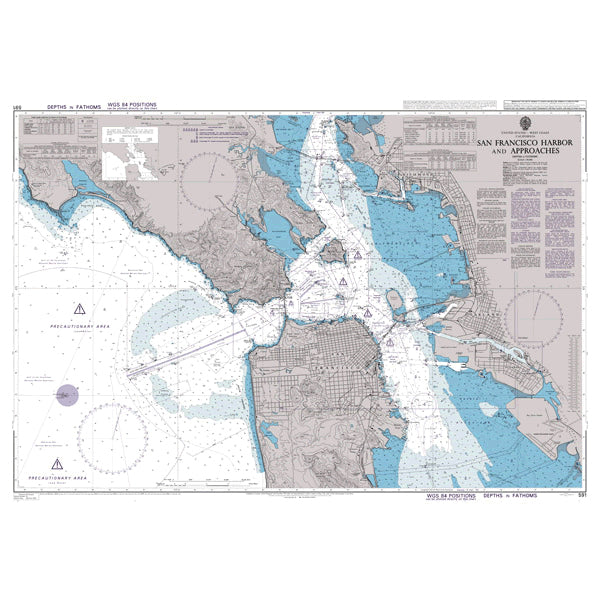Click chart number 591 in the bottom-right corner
click(582, 495)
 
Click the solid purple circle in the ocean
click(66, 396)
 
